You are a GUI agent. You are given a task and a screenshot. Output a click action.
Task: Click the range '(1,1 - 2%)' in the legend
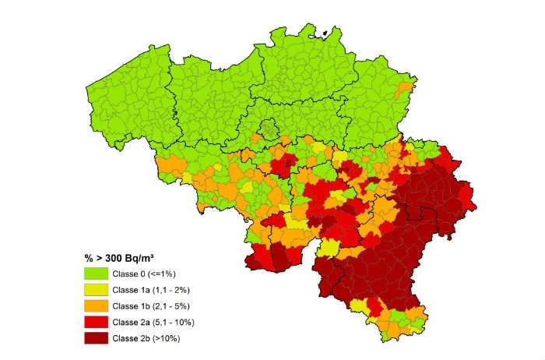click(174, 290)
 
